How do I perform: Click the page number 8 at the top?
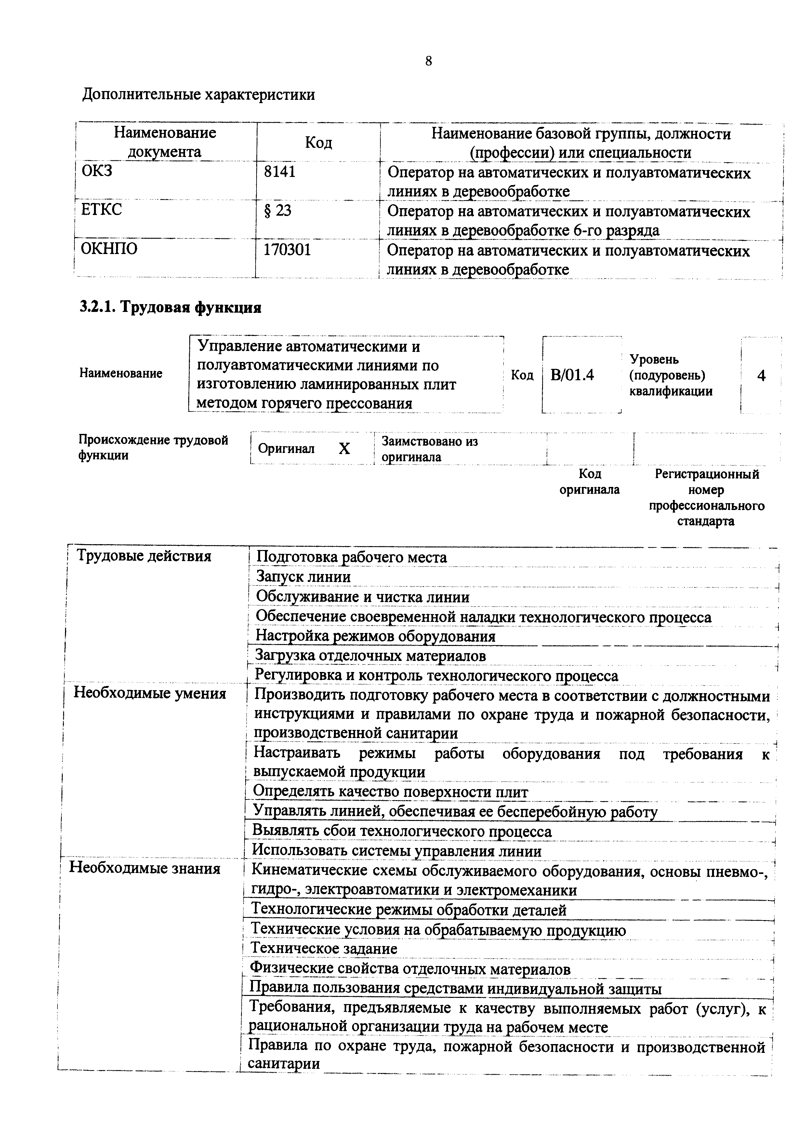[429, 61]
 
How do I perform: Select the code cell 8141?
[280, 172]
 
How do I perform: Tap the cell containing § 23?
[278, 211]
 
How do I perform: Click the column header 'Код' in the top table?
[318, 142]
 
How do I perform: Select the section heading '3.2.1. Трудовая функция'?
[171, 308]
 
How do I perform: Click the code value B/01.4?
[572, 375]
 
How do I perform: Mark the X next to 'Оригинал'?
[344, 449]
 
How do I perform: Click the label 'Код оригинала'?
[589, 482]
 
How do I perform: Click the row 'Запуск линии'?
[303, 577]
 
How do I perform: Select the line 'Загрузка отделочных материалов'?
[370, 656]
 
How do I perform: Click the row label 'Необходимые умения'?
[150, 693]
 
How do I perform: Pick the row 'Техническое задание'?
[324, 948]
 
